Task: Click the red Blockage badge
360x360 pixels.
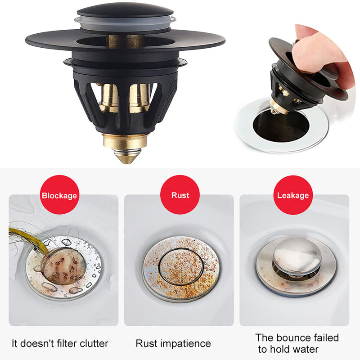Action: (60, 195)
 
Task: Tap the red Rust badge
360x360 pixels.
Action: (180, 195)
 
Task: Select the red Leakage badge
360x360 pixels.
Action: (293, 195)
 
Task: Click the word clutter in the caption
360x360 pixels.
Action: (94, 344)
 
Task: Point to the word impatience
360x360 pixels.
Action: (185, 344)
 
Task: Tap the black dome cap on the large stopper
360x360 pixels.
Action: (125, 11)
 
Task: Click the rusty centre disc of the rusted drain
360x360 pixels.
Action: (181, 267)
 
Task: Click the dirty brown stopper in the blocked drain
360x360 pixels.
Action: (64, 266)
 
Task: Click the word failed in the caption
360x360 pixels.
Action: (326, 338)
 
